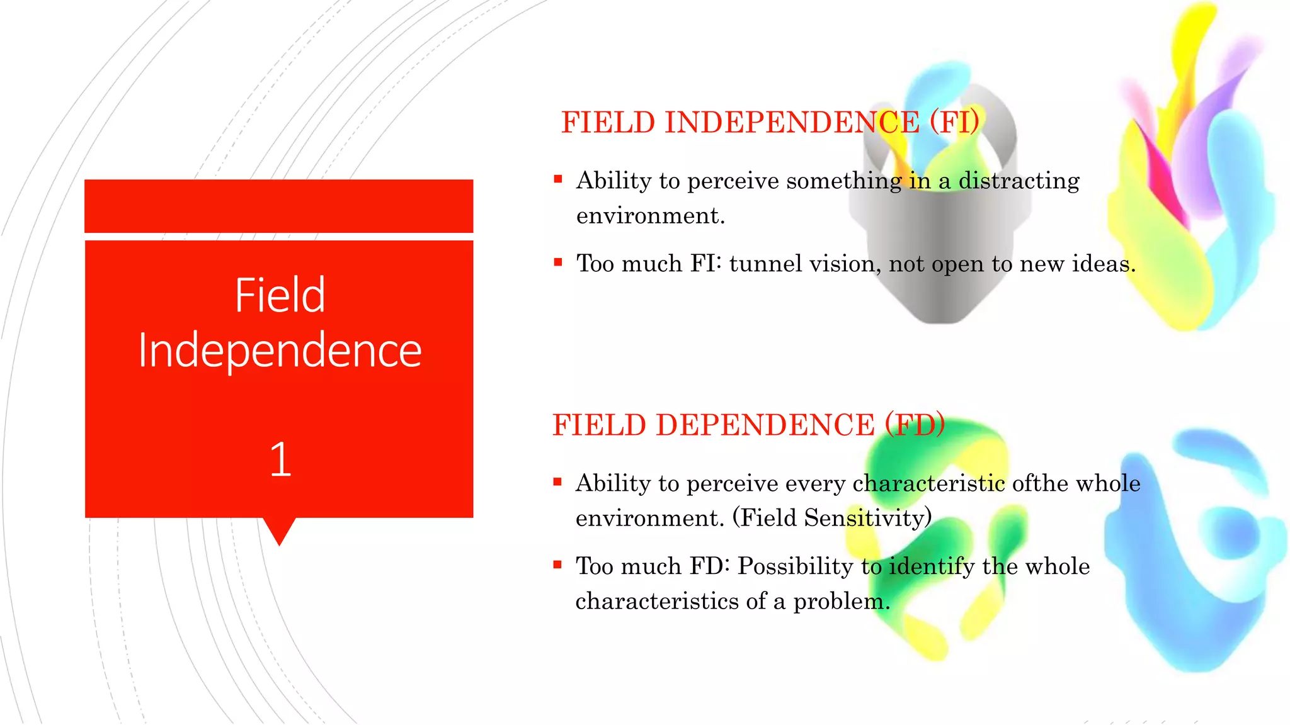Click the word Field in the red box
(x=280, y=295)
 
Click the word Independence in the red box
(x=280, y=351)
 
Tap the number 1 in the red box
(x=280, y=459)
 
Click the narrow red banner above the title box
(x=278, y=206)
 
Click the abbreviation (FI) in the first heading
(x=954, y=122)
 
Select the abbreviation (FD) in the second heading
(x=915, y=425)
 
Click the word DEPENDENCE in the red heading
(x=765, y=425)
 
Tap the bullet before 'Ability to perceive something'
(x=557, y=179)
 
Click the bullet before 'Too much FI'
(x=557, y=262)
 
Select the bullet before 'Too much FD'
(x=557, y=565)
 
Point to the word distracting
(x=1019, y=181)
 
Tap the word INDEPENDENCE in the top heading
(x=792, y=122)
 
